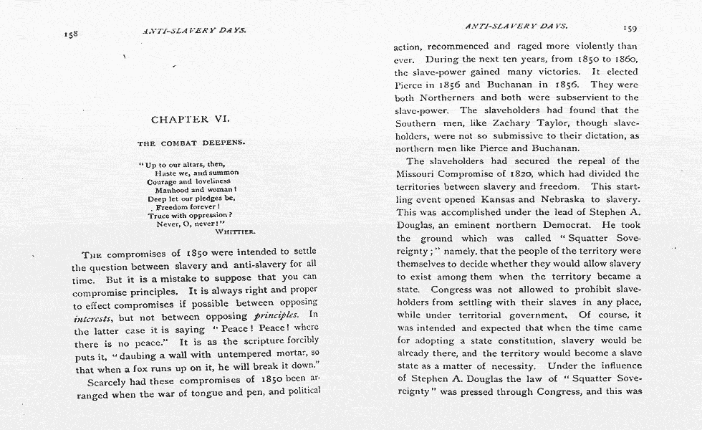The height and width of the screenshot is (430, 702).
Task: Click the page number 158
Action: click(x=70, y=33)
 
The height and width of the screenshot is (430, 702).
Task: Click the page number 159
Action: click(x=630, y=28)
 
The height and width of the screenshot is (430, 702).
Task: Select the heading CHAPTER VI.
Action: click(x=190, y=119)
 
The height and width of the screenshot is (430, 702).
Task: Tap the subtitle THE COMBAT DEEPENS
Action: click(x=191, y=143)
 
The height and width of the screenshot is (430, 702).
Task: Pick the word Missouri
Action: click(x=421, y=174)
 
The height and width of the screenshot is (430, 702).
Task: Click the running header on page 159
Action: click(x=516, y=26)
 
